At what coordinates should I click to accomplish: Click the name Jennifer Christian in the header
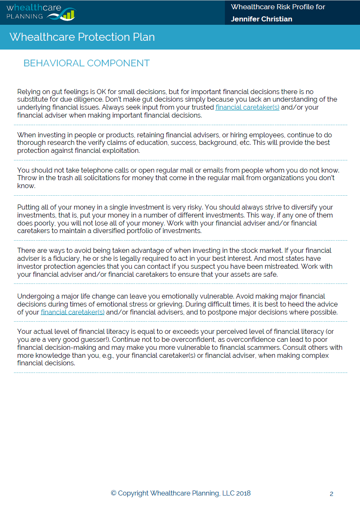point(261,19)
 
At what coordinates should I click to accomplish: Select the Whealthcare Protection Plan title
point(82,37)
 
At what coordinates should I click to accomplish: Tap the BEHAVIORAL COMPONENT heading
point(86,63)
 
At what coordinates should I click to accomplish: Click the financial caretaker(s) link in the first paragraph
point(247,108)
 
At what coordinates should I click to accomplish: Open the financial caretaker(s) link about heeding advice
point(73,312)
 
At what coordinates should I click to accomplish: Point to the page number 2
point(331,494)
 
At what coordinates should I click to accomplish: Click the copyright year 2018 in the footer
point(243,493)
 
